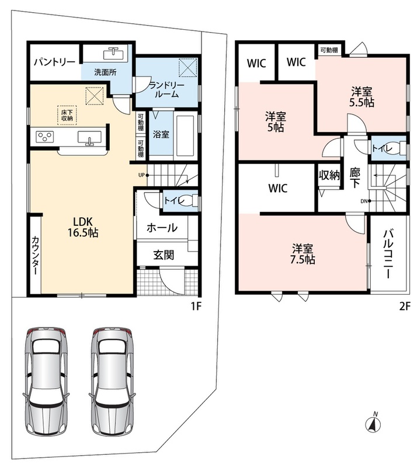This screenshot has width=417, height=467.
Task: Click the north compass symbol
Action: coord(373,423)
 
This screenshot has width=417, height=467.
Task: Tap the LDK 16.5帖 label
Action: coord(83,227)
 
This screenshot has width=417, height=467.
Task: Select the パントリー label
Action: coord(54,62)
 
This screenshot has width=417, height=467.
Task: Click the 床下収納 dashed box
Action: coord(67,115)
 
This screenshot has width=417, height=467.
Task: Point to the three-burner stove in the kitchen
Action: coord(45,137)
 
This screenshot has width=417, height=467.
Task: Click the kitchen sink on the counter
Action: coord(89,138)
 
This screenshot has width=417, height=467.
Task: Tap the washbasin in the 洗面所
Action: coord(113,54)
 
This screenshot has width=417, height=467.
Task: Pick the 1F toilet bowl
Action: coord(189,200)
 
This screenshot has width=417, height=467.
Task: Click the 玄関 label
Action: coord(164,255)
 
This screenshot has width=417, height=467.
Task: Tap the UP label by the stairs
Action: coord(141,175)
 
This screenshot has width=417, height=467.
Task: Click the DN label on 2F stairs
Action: coord(364,201)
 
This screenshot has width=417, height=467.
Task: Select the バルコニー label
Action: coord(388,254)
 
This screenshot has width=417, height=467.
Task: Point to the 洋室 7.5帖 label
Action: coord(303,254)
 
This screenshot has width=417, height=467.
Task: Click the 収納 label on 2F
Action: coord(329,175)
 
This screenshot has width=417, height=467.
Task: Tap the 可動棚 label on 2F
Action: coord(329,50)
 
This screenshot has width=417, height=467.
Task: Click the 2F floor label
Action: coord(405,306)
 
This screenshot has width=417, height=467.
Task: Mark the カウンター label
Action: coord(35,256)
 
